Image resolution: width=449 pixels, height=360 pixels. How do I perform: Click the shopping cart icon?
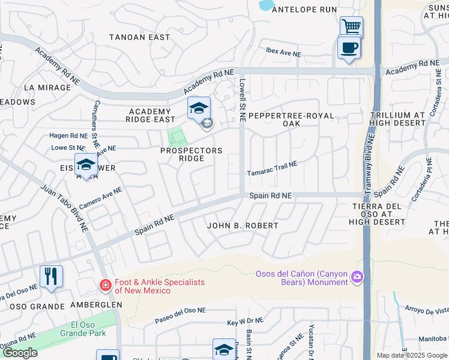[x=351, y=26]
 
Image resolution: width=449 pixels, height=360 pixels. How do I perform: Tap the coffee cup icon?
[x=349, y=47]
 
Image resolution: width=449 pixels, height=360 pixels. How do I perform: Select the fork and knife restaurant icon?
[x=51, y=277]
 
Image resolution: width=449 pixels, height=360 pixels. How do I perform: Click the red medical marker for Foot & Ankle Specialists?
[x=106, y=284]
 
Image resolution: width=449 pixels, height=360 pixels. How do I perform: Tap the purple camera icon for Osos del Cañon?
[x=358, y=276]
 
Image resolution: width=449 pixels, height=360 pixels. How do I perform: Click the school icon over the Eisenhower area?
[x=86, y=165]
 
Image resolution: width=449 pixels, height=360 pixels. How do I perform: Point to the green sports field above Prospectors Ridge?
[x=175, y=137]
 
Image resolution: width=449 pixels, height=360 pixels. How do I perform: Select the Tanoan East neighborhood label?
[x=139, y=37]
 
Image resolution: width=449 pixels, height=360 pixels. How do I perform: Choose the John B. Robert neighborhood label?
[x=243, y=226]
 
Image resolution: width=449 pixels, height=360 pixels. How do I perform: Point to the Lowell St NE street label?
[x=243, y=100]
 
